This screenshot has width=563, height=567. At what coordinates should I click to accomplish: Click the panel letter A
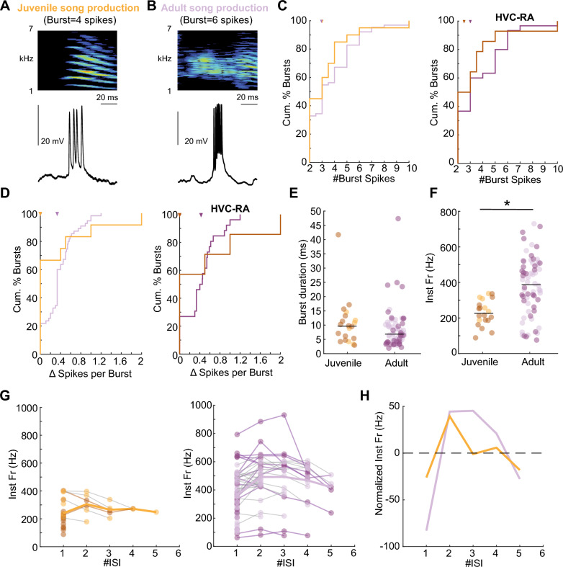[6, 6]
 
